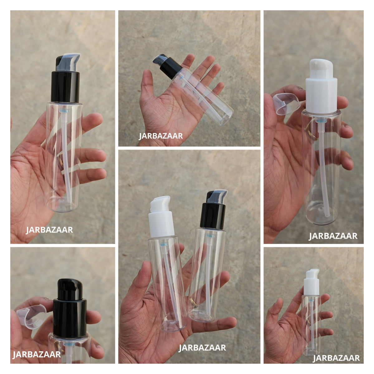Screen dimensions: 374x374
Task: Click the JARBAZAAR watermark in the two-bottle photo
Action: [202, 348]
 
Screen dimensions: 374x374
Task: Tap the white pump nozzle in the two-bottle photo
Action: [160, 204]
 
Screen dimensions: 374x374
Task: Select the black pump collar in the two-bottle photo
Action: [213, 216]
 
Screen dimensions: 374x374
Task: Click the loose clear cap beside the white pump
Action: [286, 104]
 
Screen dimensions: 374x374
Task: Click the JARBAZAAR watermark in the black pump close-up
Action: [37, 354]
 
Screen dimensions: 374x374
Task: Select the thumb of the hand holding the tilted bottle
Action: [148, 84]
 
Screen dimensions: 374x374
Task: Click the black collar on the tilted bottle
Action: [171, 68]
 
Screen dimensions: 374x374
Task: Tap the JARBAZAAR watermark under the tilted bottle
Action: [161, 136]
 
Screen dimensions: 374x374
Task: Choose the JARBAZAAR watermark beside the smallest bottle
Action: [336, 358]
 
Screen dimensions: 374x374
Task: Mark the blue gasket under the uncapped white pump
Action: [320, 121]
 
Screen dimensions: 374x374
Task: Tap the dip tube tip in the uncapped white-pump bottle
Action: [327, 215]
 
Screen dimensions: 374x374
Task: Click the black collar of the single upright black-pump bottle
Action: [65, 87]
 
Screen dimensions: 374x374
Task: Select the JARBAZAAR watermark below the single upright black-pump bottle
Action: [49, 230]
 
